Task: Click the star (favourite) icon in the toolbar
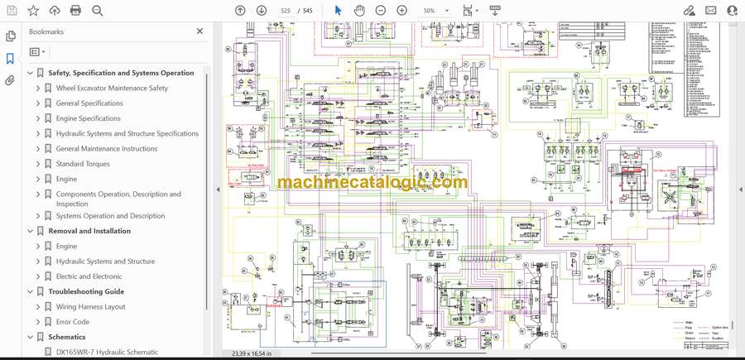click(33, 11)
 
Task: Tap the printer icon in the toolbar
click(76, 11)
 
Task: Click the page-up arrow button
click(240, 11)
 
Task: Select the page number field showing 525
click(286, 11)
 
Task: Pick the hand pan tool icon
click(359, 11)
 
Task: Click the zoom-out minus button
click(381, 11)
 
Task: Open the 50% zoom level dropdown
click(435, 11)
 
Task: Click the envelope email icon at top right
click(710, 11)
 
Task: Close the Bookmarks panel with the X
click(199, 31)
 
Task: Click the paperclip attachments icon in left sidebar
click(11, 81)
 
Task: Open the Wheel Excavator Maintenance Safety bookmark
click(112, 89)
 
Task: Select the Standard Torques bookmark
click(83, 164)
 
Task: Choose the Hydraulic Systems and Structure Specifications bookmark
click(127, 133)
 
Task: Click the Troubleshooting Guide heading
click(86, 291)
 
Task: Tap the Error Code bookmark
click(73, 322)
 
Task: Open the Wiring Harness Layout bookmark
click(91, 307)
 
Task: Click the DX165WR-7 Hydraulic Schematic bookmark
click(107, 353)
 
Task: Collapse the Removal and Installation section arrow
click(31, 232)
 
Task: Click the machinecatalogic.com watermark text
click(372, 183)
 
